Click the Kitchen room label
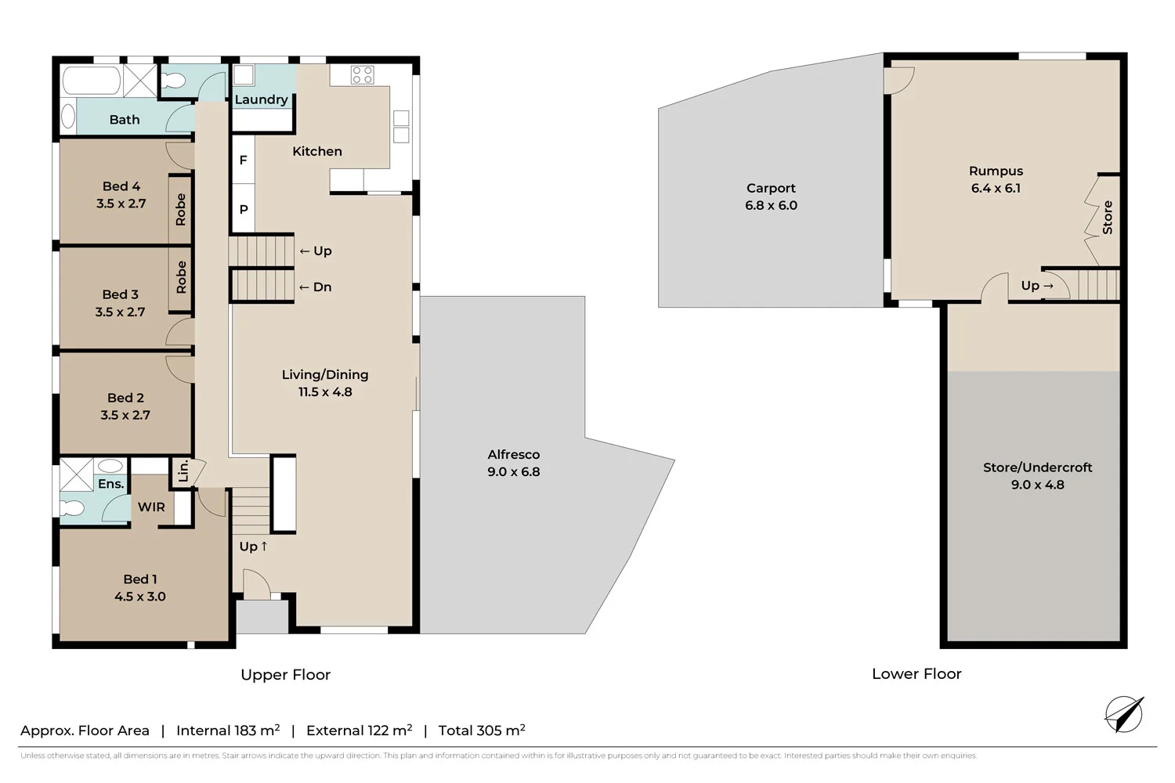tap(316, 151)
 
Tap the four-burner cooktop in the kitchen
tap(362, 75)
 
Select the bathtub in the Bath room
tap(92, 81)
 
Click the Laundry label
tap(261, 99)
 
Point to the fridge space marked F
tap(243, 160)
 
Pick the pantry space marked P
tap(243, 209)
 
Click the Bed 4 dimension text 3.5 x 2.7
tap(121, 204)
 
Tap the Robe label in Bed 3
tap(181, 277)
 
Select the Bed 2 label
tap(125, 398)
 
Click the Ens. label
tap(110, 484)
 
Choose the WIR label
tap(151, 507)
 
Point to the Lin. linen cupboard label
tap(183, 471)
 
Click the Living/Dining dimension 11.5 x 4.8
tap(324, 391)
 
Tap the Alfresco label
tap(513, 454)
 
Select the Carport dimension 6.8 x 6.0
tap(771, 205)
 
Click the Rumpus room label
tap(996, 171)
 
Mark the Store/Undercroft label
tap(1037, 467)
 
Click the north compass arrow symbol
tap(1124, 713)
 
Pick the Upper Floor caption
tap(285, 674)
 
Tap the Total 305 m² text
tap(481, 731)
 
